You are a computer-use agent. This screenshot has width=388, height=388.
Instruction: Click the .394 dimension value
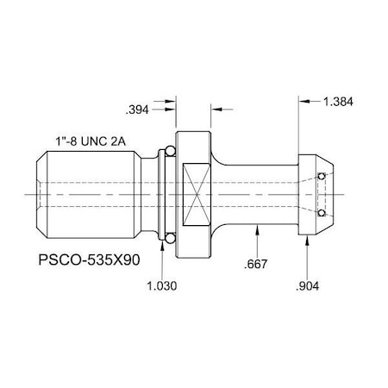click(138, 110)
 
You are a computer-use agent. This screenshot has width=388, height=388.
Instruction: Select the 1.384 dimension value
click(337, 101)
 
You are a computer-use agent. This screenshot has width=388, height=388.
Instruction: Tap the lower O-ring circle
click(169, 236)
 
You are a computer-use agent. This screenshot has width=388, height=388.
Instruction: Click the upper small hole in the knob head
click(322, 177)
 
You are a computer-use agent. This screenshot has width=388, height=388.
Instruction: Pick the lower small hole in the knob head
click(322, 212)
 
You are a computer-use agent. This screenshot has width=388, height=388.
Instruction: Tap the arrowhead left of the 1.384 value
click(304, 101)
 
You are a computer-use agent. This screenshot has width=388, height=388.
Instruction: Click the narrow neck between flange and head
click(259, 194)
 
